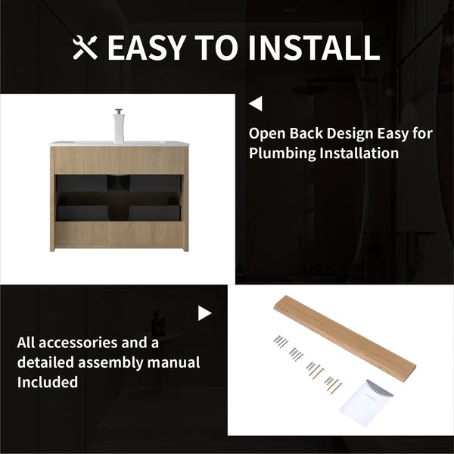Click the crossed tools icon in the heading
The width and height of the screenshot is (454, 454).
[x=85, y=48]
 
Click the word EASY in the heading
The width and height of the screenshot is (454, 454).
[x=147, y=48]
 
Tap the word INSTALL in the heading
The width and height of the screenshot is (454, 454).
[x=314, y=48]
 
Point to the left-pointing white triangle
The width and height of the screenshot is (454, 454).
[x=256, y=104]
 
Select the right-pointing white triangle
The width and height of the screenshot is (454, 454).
[x=205, y=313]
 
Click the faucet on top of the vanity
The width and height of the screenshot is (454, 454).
[x=119, y=126]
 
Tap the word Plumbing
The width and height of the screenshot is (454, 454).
[x=282, y=154]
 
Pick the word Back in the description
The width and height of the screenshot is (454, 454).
[x=306, y=133]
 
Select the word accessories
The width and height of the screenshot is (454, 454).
[x=78, y=343]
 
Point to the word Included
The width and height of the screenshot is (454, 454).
[x=48, y=382]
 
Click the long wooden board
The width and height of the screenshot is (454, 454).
[x=345, y=338]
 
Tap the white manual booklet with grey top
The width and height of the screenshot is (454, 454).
[x=366, y=403]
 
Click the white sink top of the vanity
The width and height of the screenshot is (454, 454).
[x=119, y=143]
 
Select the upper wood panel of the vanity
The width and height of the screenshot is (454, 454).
[x=119, y=160]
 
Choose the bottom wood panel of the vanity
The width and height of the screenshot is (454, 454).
[x=119, y=235]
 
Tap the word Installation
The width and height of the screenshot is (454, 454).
[x=359, y=153]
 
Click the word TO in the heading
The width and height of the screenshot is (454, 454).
[x=216, y=48]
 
